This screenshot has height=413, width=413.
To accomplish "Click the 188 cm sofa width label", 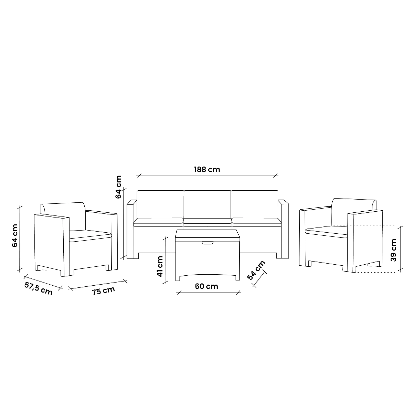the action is pos(207,170).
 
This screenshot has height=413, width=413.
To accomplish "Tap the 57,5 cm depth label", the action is pos(38,288).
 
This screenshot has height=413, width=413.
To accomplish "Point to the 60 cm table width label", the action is pos(206,286).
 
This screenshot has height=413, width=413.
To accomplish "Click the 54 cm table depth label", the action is pos(256,270).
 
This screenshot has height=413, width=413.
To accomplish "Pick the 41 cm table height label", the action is pos(160,266).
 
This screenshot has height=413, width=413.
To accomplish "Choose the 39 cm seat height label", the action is pos(393,250).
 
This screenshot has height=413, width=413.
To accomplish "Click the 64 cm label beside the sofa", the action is pos(118,187).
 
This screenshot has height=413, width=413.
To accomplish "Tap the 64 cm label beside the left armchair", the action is pos(14,235).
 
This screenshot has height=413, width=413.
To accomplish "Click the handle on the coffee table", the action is pos(207,243).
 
